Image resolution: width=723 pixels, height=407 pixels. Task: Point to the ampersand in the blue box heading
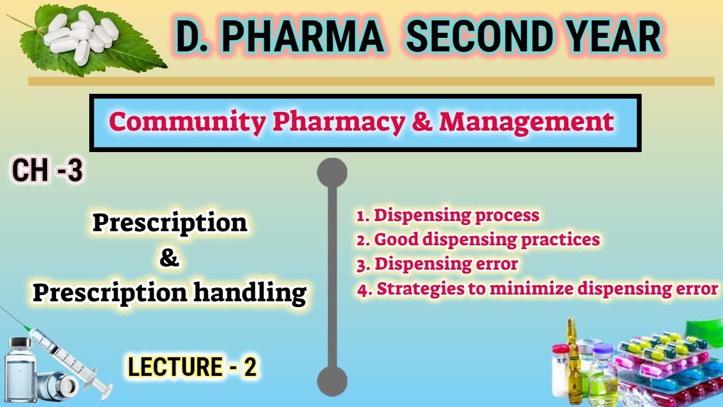[421, 122]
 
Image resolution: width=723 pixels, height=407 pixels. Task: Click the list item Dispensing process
[448, 215]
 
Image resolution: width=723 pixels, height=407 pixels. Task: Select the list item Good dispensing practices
[478, 240]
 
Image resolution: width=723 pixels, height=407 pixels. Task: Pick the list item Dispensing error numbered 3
[438, 264]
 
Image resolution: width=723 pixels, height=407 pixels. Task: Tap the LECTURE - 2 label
[193, 367]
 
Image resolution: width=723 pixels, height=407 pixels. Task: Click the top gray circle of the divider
[332, 173]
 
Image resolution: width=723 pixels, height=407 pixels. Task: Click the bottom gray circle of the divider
[332, 381]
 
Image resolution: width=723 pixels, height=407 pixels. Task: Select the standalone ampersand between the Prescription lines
[169, 259]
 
